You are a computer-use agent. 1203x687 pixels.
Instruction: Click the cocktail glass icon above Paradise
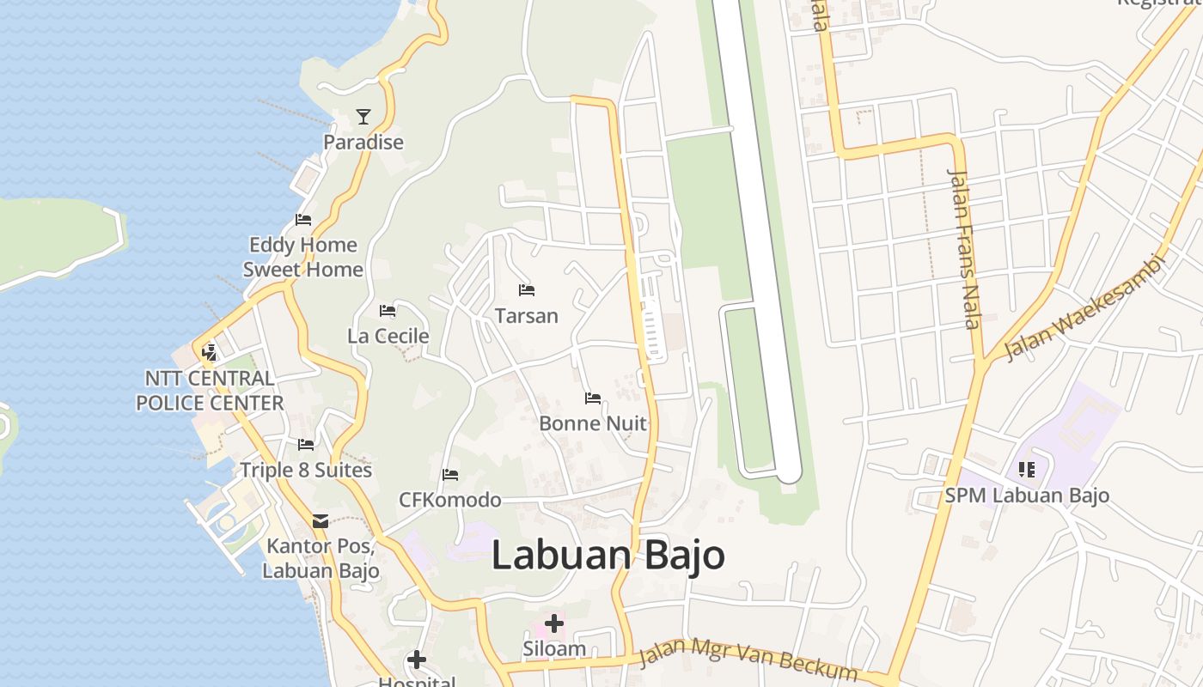363,117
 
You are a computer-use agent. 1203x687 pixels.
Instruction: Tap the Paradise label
363,142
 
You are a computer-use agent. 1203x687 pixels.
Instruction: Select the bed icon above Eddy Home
303,220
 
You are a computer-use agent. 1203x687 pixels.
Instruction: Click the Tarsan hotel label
527,316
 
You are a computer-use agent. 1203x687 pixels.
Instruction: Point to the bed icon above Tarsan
527,290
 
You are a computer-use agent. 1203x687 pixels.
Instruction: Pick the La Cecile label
388,336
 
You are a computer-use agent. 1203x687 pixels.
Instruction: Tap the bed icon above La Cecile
388,311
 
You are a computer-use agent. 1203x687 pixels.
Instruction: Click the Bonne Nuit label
593,423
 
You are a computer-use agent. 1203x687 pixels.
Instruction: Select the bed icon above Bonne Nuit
593,398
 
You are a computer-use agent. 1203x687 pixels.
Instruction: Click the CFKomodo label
450,500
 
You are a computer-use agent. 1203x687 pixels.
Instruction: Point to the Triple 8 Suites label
306,470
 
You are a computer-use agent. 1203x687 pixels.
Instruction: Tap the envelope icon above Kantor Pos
321,521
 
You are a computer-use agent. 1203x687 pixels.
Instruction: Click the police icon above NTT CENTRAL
208,352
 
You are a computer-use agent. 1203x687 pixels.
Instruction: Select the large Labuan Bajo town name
608,556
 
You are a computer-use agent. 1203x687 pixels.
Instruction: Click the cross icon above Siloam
554,623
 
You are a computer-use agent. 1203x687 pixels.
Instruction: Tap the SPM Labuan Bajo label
1027,495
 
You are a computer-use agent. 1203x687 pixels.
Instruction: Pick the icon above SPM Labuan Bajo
1027,470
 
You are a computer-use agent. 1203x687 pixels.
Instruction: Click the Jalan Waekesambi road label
1084,307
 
